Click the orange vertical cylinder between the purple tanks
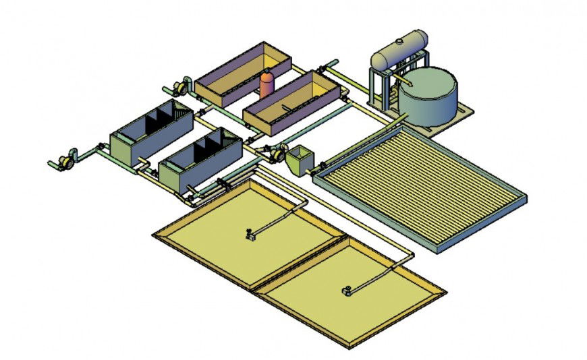pyautogui.click(x=267, y=84)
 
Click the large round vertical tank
pyautogui.click(x=426, y=98)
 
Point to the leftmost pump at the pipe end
pyautogui.click(x=65, y=160)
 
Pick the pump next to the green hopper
pyautogui.click(x=275, y=154)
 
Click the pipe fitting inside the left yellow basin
pyautogui.click(x=250, y=234)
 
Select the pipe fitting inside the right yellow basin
pyautogui.click(x=346, y=291)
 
